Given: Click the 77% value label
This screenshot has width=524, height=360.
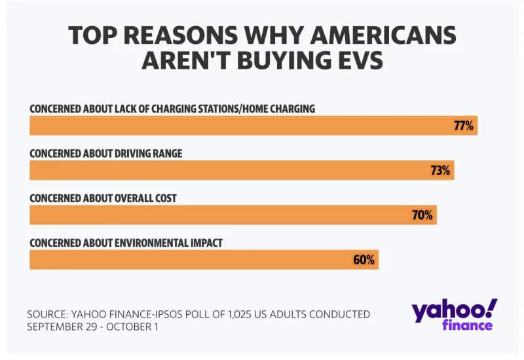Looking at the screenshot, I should tap(463, 126).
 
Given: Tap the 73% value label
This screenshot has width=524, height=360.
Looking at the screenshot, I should tap(440, 171).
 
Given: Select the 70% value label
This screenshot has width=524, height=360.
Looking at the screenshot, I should tap(422, 215).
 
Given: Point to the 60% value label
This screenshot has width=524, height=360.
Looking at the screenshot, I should tap(364, 260).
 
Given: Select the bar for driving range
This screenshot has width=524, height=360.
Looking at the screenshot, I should tap(229, 171).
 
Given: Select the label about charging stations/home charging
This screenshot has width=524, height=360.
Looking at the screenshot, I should tap(172, 109).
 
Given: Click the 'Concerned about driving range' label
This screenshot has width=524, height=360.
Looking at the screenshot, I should tap(106, 153).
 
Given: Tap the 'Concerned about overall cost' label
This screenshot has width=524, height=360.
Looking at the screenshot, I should tap(103, 198).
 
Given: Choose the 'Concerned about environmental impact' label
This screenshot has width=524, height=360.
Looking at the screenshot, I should tap(126, 243).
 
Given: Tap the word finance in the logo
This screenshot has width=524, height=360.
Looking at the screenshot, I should tap(467, 325).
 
